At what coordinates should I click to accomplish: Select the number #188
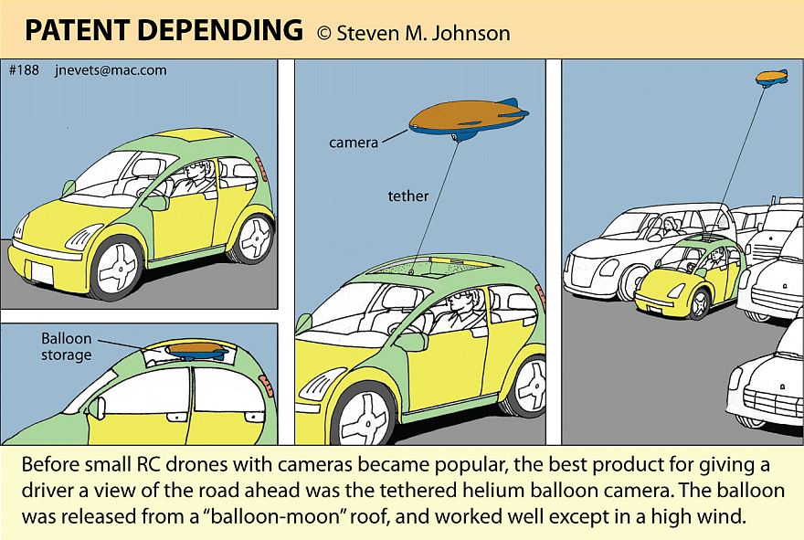tap(24, 70)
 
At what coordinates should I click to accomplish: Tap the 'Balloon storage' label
tap(66, 346)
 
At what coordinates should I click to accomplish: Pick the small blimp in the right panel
tap(771, 77)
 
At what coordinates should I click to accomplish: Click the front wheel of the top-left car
tap(117, 266)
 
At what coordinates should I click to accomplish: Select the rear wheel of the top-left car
tap(251, 237)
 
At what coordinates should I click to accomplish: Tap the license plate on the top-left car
tap(40, 271)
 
